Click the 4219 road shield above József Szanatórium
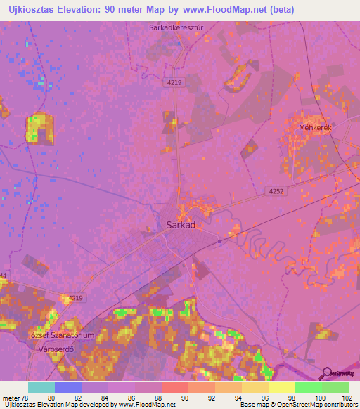(75, 298)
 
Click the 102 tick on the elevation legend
(346, 398)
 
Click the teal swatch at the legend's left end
(41, 387)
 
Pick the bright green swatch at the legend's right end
(335, 387)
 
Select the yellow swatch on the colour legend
(281, 387)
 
